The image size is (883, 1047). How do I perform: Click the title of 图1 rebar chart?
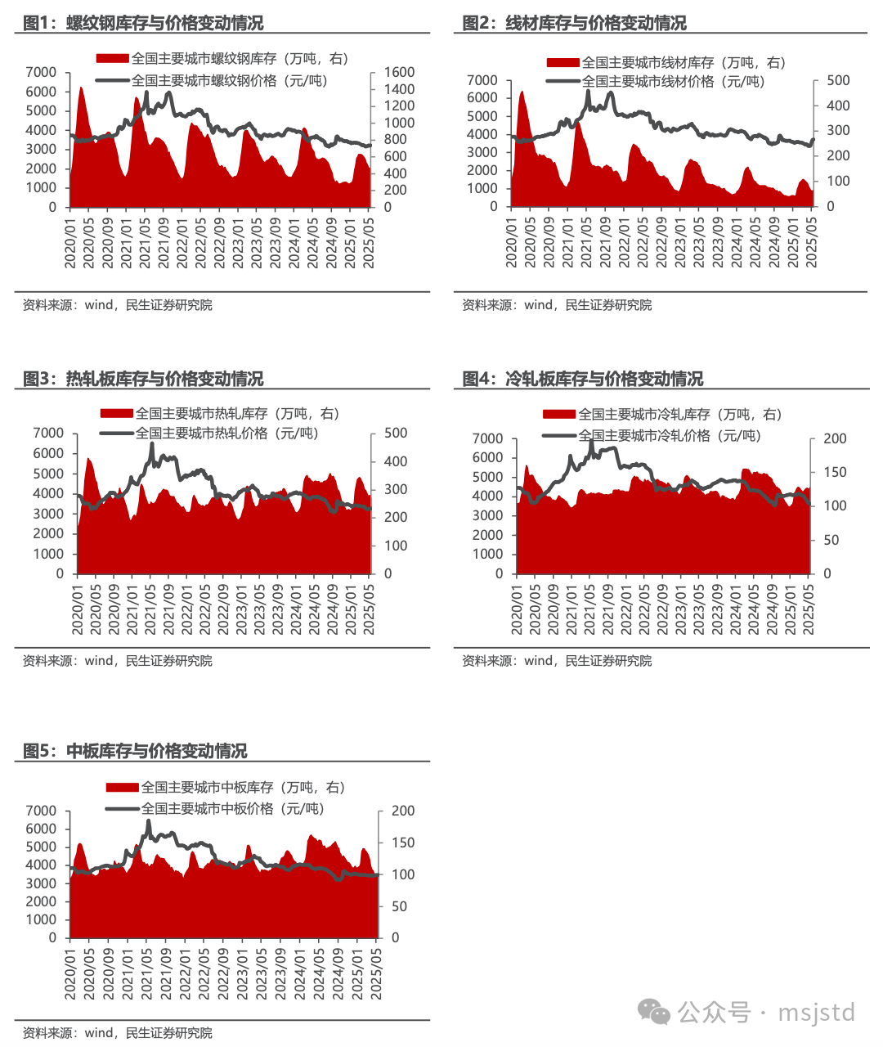click(143, 23)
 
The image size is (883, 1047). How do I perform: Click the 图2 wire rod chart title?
click(574, 23)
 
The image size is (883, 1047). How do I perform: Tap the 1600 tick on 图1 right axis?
click(399, 72)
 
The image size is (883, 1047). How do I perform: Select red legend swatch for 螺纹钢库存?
click(113, 59)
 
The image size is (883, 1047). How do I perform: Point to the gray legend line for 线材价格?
click(563, 81)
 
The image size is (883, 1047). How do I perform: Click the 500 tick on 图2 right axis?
click(838, 80)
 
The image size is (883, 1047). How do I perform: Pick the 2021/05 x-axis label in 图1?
click(145, 243)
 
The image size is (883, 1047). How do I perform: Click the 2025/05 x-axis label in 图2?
click(811, 243)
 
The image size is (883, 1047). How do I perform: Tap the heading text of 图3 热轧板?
click(143, 379)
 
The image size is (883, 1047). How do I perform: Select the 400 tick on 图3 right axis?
click(396, 461)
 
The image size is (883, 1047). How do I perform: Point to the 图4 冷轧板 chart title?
click(582, 379)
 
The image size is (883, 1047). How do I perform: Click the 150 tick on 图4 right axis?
click(835, 472)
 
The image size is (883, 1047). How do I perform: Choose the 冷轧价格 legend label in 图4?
click(670, 435)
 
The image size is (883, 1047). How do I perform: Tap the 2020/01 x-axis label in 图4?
click(517, 609)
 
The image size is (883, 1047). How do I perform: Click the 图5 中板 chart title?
click(135, 751)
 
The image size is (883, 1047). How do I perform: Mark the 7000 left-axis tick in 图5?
click(41, 811)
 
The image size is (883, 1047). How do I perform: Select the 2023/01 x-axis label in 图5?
click(243, 973)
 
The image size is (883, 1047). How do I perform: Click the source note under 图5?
click(117, 1032)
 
